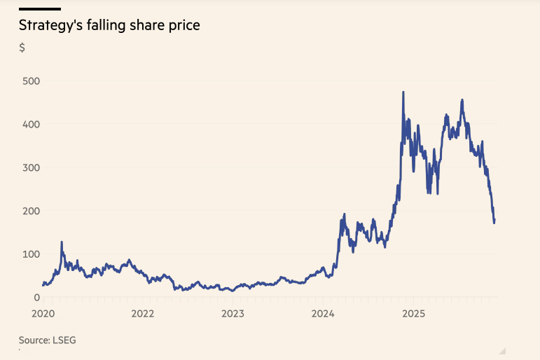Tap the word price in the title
[x=183, y=26]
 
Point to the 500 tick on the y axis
[x=30, y=81]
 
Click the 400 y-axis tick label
[x=30, y=125]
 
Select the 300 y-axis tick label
[x=30, y=168]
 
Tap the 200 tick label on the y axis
[x=30, y=211]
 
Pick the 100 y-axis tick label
[x=30, y=254]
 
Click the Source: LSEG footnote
[x=47, y=340]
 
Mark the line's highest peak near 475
[x=403, y=92]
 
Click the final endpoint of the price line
[x=494, y=221]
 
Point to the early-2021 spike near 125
[x=62, y=243]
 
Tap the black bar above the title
[x=40, y=9]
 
